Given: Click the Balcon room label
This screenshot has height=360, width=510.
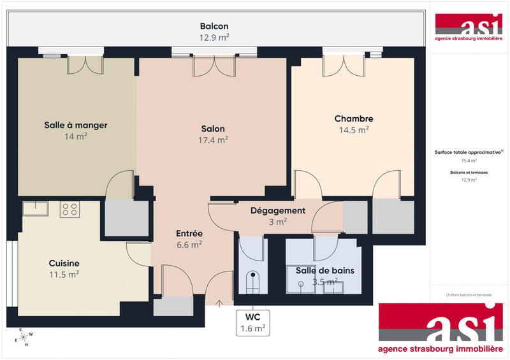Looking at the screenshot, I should tap(214, 27).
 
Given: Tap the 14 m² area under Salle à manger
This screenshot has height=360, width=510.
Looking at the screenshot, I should tap(75, 136).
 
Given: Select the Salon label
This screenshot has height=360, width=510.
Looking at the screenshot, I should tap(213, 129).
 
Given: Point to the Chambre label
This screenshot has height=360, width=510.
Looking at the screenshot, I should tap(353, 119).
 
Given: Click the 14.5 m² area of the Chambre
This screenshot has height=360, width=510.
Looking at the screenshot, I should tap(353, 129).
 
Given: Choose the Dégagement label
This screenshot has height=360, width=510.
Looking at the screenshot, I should tap(277, 211).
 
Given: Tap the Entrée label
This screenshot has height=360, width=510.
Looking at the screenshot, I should tap(189, 233).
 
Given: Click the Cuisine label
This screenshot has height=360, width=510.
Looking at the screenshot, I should tap(64, 263).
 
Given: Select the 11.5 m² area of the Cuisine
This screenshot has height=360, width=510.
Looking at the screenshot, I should tap(64, 275).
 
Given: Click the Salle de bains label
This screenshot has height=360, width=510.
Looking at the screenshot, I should tap(324, 270).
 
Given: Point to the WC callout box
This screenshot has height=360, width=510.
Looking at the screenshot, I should tap(253, 322).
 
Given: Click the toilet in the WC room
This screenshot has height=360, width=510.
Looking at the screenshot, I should tap(253, 280).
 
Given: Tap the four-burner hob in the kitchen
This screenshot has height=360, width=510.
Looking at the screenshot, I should tap(69, 209).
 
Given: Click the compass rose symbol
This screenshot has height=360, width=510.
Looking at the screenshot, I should tap(24, 337).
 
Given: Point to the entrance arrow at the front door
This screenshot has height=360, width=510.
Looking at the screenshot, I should tap(220, 303).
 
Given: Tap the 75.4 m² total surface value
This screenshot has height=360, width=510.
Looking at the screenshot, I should tap(469, 161).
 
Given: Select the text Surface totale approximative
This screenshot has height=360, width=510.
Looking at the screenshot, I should tap(467, 153).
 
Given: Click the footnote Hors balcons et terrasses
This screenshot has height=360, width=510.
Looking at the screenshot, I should tap(469, 295).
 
